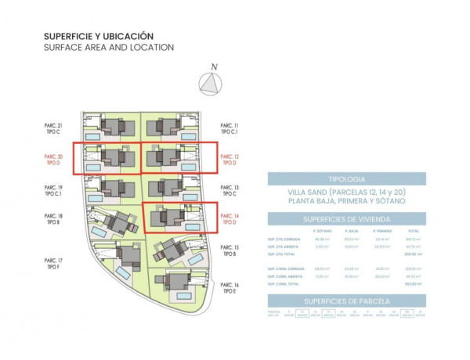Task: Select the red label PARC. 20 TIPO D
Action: (x=54, y=160)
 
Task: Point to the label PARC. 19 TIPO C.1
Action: (x=54, y=191)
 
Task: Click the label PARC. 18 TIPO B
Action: (x=54, y=219)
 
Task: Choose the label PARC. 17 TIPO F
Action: (x=54, y=263)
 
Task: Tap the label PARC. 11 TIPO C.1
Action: (x=230, y=128)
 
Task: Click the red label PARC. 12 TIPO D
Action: (x=230, y=160)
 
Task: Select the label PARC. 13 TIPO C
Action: (x=230, y=191)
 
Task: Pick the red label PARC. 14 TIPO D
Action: (x=230, y=219)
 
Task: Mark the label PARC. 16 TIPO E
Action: (x=230, y=288)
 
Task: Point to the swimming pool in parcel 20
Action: (x=94, y=167)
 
